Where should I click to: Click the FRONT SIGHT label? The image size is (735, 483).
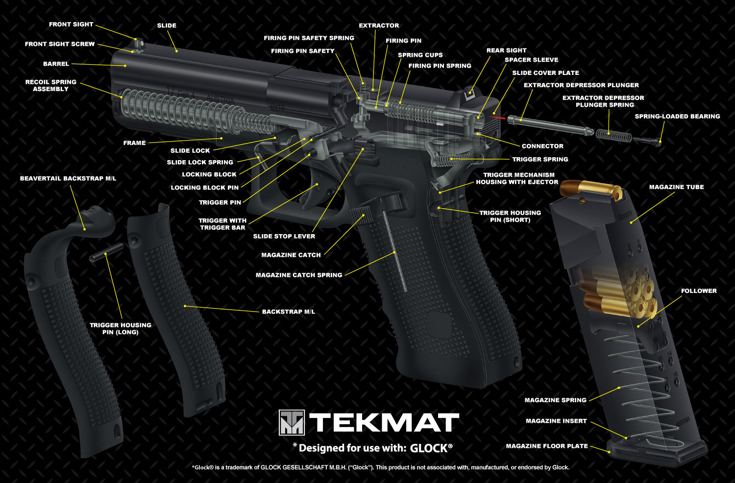point(71,24)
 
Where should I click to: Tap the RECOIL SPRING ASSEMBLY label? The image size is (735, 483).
point(51,85)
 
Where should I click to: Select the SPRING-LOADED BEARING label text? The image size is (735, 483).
point(677,117)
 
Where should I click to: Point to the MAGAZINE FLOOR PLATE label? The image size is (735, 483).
point(547,446)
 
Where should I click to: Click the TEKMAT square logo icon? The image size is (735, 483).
point(292,422)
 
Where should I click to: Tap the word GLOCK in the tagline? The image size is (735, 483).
point(429,448)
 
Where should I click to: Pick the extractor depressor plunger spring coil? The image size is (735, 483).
point(609,133)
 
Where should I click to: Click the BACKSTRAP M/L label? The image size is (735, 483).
point(289,312)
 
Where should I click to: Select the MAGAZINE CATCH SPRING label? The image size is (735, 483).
point(299,275)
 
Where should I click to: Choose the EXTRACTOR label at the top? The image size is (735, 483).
point(379,25)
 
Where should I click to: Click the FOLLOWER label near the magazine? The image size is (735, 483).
point(699,291)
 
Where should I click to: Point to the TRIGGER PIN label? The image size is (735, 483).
point(220,202)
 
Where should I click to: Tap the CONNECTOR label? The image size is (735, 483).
point(542,146)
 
